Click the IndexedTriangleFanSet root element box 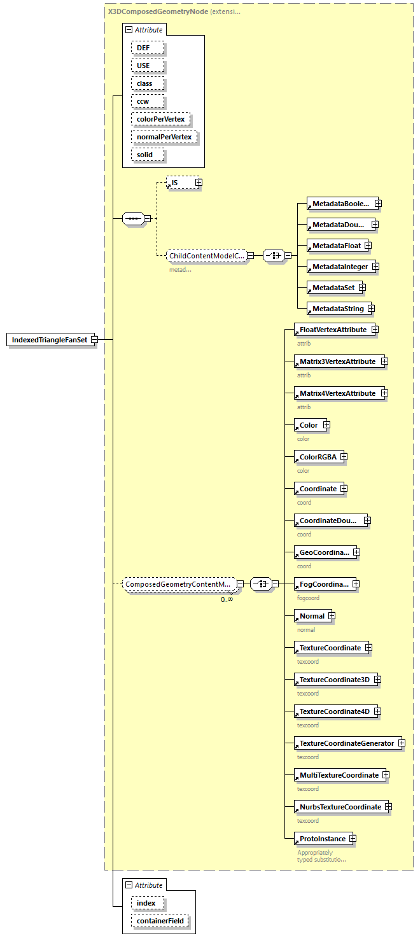[49, 340]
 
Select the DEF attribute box [148, 48]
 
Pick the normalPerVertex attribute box [165, 137]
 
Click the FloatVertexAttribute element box [332, 330]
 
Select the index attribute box [148, 903]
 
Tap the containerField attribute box [160, 921]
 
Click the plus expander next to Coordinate [344, 489]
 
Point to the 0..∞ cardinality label [227, 599]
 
